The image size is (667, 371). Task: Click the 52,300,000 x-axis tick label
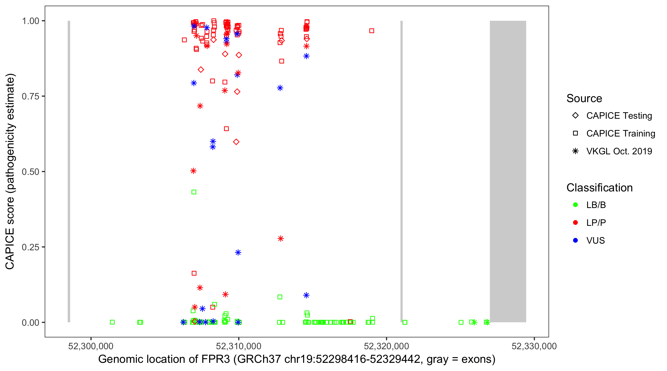(x=91, y=346)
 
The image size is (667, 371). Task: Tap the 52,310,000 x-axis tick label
(x=238, y=346)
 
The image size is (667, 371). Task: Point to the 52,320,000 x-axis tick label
(x=386, y=346)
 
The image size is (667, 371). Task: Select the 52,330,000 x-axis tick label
(x=534, y=346)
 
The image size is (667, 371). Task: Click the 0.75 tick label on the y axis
(x=30, y=96)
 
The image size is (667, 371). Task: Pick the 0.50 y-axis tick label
(x=30, y=172)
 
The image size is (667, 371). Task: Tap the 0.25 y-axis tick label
(x=30, y=247)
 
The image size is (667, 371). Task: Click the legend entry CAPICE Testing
(x=619, y=116)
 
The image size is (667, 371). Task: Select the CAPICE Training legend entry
(x=620, y=134)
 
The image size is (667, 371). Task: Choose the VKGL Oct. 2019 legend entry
(x=619, y=151)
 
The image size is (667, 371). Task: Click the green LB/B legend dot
(x=575, y=205)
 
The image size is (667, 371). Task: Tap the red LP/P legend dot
(x=575, y=223)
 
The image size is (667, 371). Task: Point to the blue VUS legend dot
(x=575, y=240)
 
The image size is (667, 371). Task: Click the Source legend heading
(x=584, y=98)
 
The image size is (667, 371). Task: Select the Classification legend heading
(x=599, y=188)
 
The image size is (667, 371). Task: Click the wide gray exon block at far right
(x=508, y=171)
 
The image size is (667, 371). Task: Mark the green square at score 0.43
(x=194, y=192)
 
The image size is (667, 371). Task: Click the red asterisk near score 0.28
(x=281, y=238)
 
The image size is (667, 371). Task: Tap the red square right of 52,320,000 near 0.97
(x=372, y=31)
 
